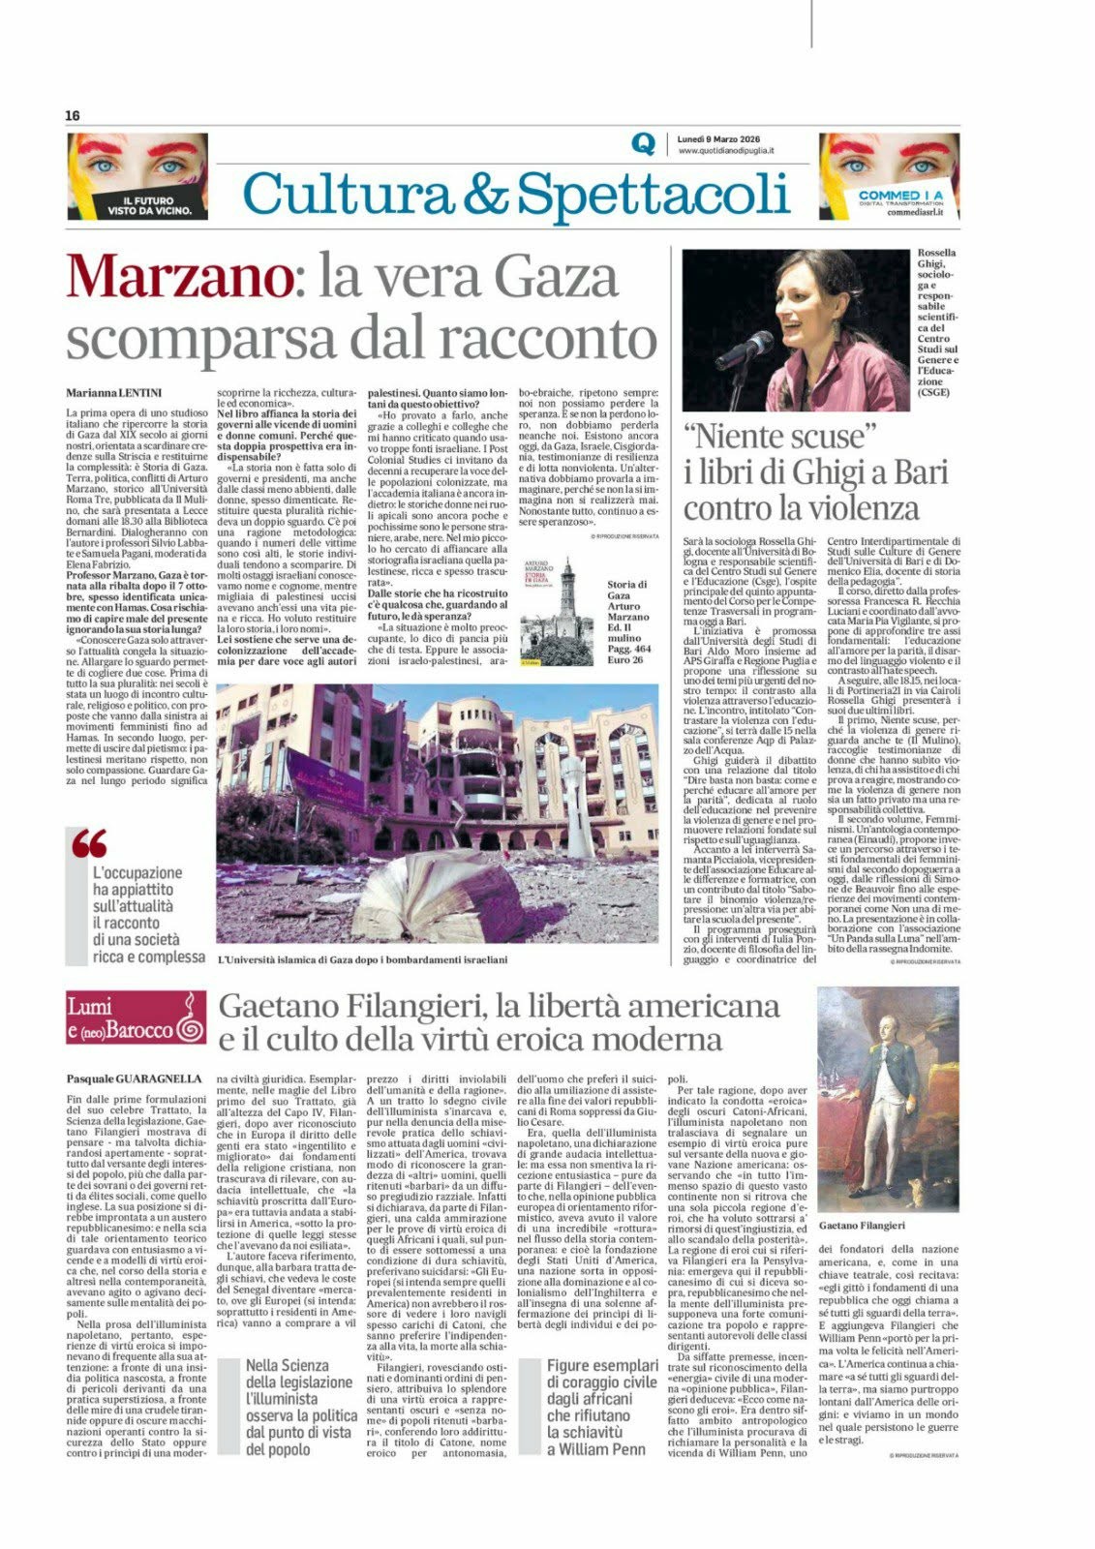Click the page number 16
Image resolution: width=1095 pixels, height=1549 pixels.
[73, 115]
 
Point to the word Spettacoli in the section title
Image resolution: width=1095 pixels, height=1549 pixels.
[650, 195]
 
